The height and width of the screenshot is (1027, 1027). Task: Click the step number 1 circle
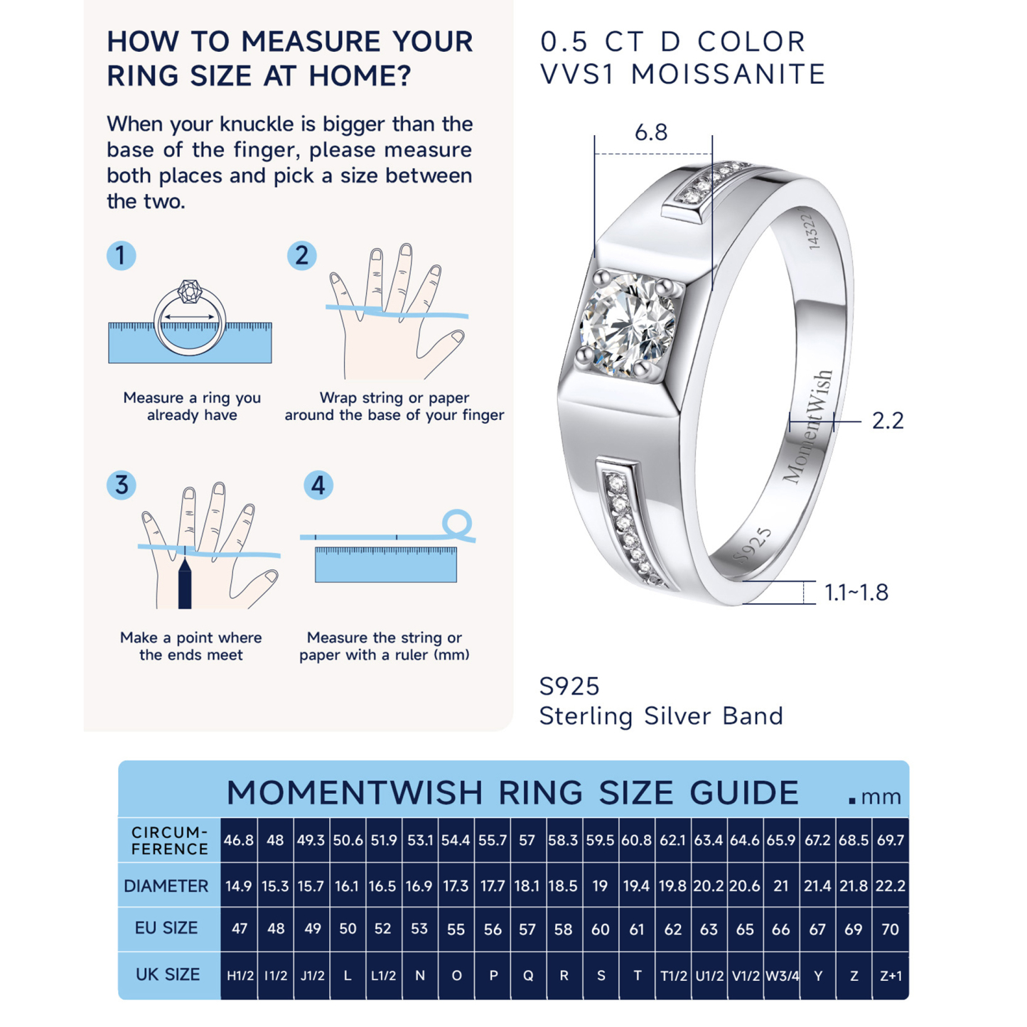point(121,255)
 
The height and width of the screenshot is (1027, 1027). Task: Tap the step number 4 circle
point(318,485)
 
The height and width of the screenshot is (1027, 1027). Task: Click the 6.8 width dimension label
point(651,133)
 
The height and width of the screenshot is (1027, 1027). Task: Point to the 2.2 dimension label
point(888,421)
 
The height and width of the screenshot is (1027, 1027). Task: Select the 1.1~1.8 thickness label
point(856,592)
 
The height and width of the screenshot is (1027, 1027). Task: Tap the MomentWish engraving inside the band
point(808,426)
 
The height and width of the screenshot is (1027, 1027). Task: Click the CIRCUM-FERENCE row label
point(169,841)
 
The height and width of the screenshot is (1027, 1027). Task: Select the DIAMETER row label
point(166,886)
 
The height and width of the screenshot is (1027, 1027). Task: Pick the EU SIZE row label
point(166,928)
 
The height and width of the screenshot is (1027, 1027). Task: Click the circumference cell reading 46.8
point(239,841)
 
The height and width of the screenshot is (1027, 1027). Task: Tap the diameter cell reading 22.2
point(891,886)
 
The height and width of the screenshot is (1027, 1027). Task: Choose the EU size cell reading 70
point(890,929)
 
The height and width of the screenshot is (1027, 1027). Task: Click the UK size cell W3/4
point(782,976)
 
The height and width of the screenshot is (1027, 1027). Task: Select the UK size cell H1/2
point(240,976)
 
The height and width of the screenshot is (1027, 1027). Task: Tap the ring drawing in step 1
point(190,318)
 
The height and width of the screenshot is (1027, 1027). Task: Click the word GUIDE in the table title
point(744,793)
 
